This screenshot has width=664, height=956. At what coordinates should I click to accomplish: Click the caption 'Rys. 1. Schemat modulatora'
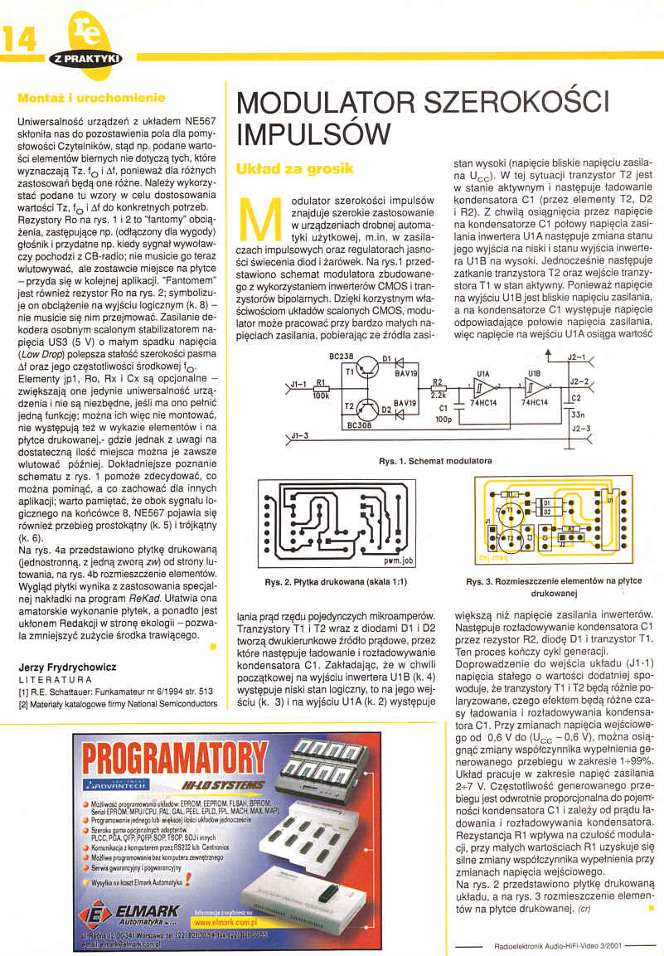pos(436,460)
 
